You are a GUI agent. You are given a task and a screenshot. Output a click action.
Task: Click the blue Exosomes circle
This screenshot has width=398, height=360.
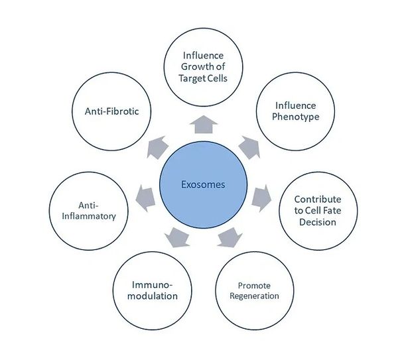pos(204,185)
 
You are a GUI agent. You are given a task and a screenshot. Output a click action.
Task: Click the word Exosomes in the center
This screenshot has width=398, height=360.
pos(203,184)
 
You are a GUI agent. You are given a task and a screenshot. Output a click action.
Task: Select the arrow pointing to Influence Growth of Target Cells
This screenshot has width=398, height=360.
pos(204,125)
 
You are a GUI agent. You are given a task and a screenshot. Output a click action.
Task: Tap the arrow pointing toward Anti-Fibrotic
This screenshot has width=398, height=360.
pos(157,148)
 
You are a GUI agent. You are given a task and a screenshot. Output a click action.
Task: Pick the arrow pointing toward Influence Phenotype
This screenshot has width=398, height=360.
pos(250,148)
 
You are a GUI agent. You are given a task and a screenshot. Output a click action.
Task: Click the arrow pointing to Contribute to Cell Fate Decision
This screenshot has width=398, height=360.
pos(262,198)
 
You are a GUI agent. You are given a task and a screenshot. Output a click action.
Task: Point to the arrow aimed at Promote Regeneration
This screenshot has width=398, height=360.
pos(230,238)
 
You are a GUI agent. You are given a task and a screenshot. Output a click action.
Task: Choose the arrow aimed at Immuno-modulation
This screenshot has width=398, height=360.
pos(177,238)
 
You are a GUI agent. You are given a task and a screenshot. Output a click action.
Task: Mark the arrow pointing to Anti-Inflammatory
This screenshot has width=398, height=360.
pos(145,198)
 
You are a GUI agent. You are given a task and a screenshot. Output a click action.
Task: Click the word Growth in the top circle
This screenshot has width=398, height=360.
pos(194,67)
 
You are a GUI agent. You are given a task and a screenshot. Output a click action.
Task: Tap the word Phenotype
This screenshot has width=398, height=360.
pos(296,117)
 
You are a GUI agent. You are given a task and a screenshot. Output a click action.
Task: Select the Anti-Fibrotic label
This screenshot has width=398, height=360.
pos(111,111)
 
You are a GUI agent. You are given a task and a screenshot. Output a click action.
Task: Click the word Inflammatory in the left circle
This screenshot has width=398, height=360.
pos(89,216)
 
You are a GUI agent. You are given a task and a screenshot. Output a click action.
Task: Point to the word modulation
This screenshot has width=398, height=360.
pos(153,296)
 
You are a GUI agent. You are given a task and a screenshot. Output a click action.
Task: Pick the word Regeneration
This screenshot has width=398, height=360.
pos(254,296)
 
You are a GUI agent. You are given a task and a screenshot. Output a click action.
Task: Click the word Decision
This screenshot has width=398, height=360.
pos(318,222)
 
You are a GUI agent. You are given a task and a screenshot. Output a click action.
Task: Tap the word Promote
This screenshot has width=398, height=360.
pos(254,286)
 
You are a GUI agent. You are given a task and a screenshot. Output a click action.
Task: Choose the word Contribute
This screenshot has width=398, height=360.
pos(318,200)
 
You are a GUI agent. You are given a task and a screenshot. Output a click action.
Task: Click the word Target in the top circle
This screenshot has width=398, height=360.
pos(192,78)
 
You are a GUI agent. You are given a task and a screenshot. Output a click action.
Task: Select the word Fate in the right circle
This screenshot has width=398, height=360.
pos(332,211)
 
